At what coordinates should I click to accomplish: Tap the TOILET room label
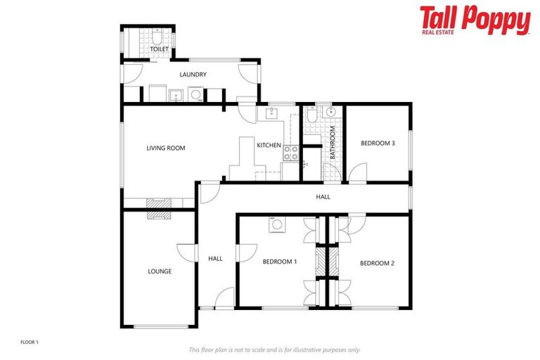[x=160, y=49]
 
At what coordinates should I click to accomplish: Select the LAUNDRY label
[x=193, y=75]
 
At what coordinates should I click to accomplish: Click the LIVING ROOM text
[x=165, y=148]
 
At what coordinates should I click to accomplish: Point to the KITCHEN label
[x=269, y=146]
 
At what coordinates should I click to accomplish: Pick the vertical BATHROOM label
[x=333, y=143]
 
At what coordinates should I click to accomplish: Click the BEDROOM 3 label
[x=378, y=143]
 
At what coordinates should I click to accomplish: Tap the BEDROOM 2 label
[x=377, y=263]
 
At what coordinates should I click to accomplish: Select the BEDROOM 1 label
[x=280, y=262]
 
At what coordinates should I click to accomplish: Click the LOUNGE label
[x=160, y=271]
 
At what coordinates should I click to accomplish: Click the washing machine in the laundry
[x=195, y=94]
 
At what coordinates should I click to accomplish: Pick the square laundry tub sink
[x=176, y=94]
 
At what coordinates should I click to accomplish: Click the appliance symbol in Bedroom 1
[x=277, y=225]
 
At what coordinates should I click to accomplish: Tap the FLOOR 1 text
[x=29, y=342]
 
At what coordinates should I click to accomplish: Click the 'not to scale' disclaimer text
[x=275, y=349]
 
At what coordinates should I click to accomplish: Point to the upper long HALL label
[x=323, y=197]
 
